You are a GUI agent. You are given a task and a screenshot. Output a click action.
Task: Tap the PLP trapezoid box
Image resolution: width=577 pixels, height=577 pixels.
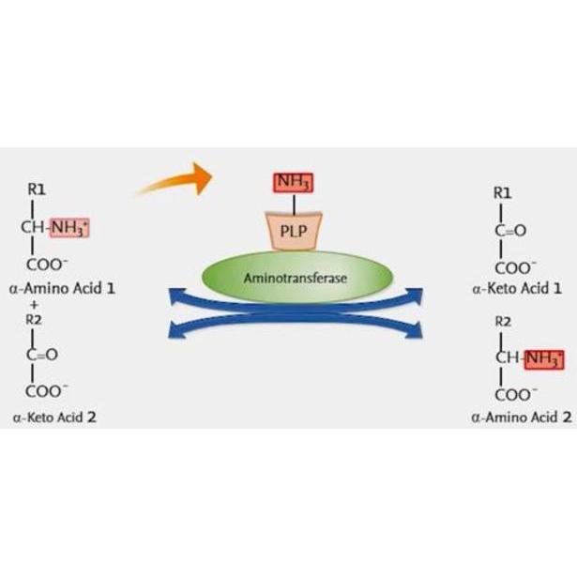click(294, 231)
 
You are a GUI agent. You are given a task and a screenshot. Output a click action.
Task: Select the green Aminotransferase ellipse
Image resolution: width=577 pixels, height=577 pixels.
click(297, 277)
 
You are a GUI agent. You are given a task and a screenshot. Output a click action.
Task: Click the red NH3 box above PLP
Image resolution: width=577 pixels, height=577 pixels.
click(294, 183)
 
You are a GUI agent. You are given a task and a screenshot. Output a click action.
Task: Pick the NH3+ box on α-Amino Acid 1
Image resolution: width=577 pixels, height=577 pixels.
click(69, 227)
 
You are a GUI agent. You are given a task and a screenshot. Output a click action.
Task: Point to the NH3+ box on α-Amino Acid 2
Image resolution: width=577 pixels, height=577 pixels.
click(544, 359)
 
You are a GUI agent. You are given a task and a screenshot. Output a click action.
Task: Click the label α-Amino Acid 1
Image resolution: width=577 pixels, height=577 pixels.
click(62, 288)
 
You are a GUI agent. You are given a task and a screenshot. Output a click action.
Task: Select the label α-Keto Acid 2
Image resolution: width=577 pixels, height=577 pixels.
click(54, 418)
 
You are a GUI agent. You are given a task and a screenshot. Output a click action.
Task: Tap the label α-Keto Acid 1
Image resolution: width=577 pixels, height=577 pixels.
click(517, 288)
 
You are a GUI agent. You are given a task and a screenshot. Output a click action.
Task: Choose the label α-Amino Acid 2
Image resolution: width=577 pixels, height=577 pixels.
click(522, 418)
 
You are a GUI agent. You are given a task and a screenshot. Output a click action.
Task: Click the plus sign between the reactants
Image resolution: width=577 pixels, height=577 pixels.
click(35, 305)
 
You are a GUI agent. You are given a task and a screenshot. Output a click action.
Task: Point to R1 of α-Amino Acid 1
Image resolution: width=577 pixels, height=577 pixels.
click(37, 190)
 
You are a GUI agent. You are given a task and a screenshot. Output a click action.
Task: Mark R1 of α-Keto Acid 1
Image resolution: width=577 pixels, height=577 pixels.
click(502, 193)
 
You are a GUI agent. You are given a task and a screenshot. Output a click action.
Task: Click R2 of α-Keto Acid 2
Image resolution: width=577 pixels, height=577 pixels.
click(34, 320)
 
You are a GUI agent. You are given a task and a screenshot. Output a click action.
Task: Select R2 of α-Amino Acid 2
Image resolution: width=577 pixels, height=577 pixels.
click(503, 322)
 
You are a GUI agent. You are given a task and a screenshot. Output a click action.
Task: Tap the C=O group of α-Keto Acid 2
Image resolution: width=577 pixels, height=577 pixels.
click(42, 355)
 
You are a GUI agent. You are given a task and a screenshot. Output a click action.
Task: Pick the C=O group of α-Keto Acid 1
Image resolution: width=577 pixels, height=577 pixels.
click(510, 231)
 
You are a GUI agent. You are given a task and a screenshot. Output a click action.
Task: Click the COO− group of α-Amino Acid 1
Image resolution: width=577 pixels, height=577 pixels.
click(47, 265)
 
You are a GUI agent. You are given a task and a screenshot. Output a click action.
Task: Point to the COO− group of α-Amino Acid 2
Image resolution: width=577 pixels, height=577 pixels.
click(515, 395)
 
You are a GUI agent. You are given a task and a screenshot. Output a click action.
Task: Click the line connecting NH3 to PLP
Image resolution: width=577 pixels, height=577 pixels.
click(294, 204)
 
